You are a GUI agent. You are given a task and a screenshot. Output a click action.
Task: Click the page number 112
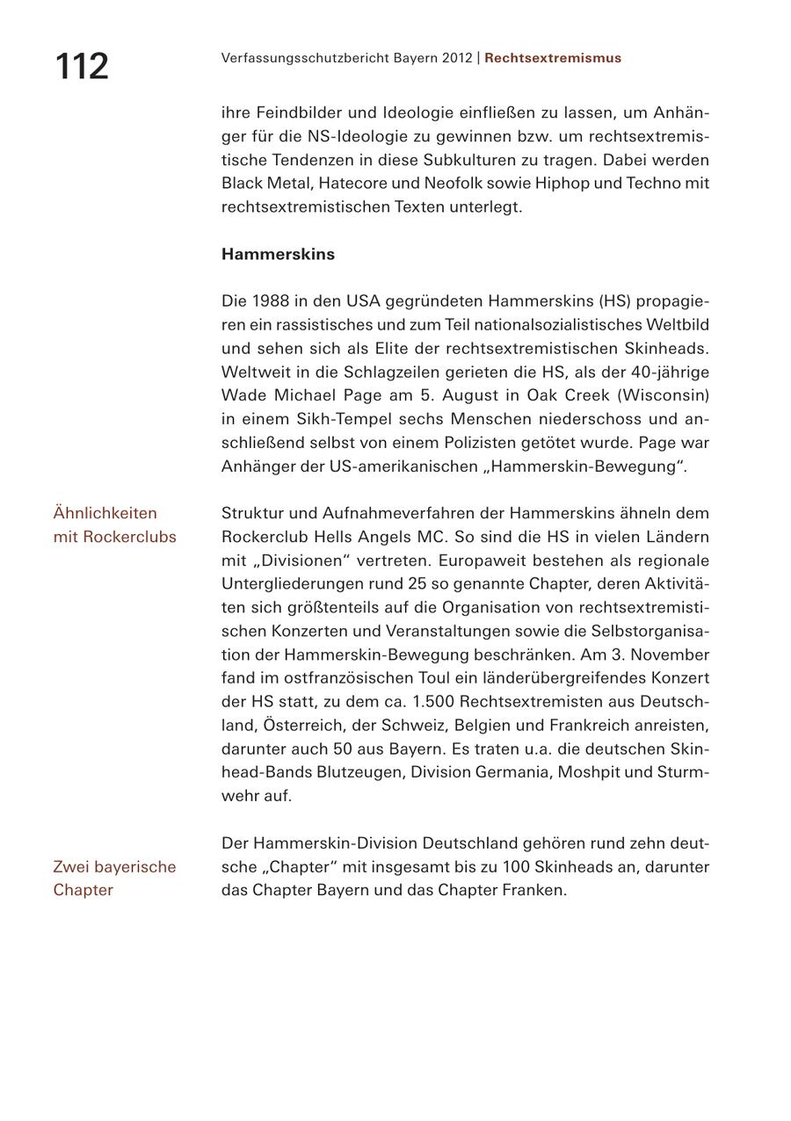pyautogui.click(x=82, y=67)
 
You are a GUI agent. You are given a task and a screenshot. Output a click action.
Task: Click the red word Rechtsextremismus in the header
pyautogui.click(x=552, y=58)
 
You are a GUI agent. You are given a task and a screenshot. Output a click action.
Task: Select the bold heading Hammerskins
pyautogui.click(x=278, y=254)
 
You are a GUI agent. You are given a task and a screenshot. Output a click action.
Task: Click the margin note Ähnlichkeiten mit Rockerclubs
pyautogui.click(x=114, y=524)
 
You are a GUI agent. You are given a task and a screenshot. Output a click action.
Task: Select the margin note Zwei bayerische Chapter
pyautogui.click(x=114, y=878)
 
